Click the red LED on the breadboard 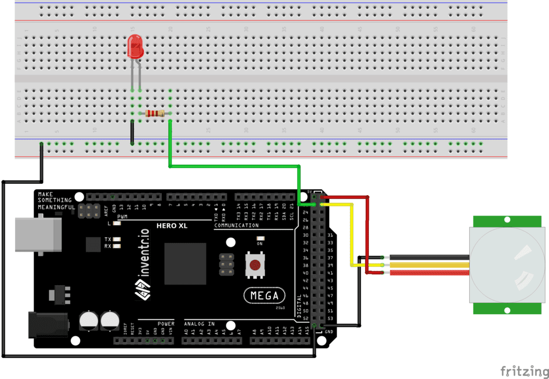point(135,48)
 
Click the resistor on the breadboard point(154,113)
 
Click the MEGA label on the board point(264,295)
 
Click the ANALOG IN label point(199,324)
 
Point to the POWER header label point(166,324)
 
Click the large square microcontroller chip point(186,264)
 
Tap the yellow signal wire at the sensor point(429,265)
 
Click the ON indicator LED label point(261,243)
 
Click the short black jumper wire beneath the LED point(132,132)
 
